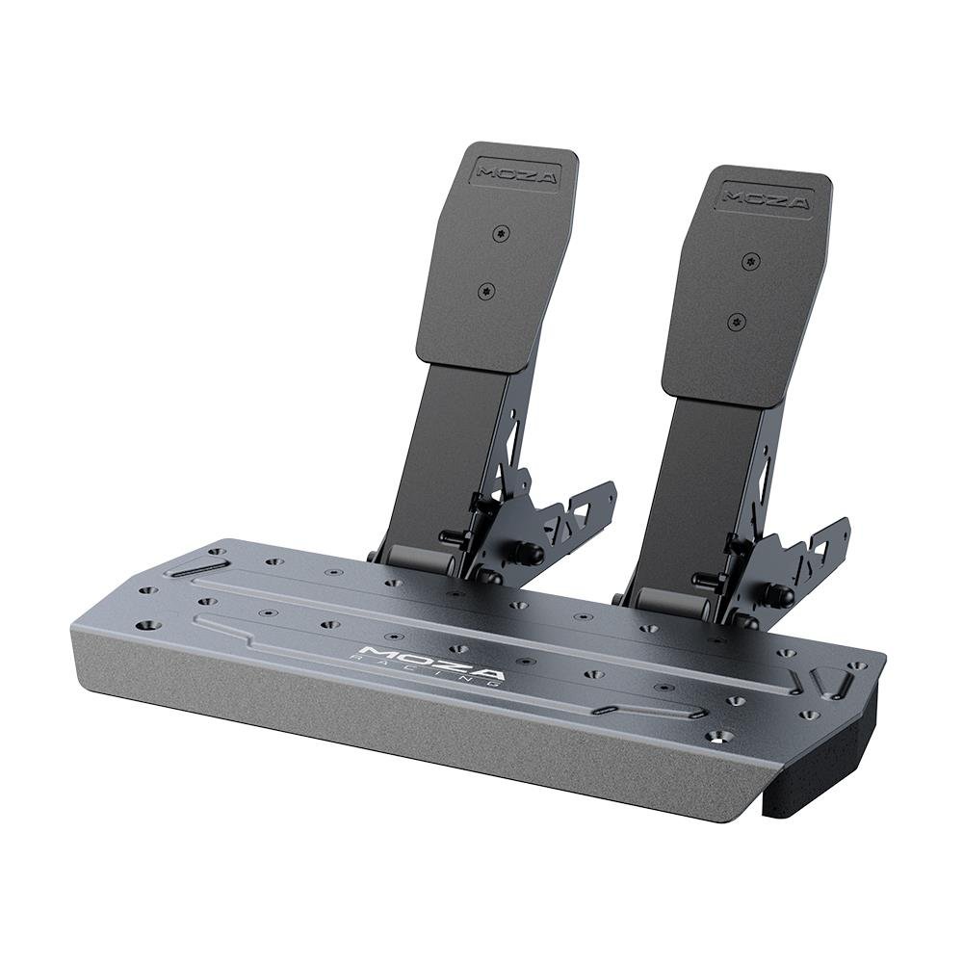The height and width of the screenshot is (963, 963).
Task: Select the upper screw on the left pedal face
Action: tap(499, 233)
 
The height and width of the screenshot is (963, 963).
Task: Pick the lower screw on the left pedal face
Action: tap(485, 289)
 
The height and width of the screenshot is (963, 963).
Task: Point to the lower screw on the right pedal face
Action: tap(737, 321)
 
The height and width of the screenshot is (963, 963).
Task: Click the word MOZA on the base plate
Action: tap(429, 659)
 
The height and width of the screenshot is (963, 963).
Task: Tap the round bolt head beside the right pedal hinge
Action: tap(778, 595)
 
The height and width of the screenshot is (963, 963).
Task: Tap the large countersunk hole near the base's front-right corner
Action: tap(718, 736)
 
